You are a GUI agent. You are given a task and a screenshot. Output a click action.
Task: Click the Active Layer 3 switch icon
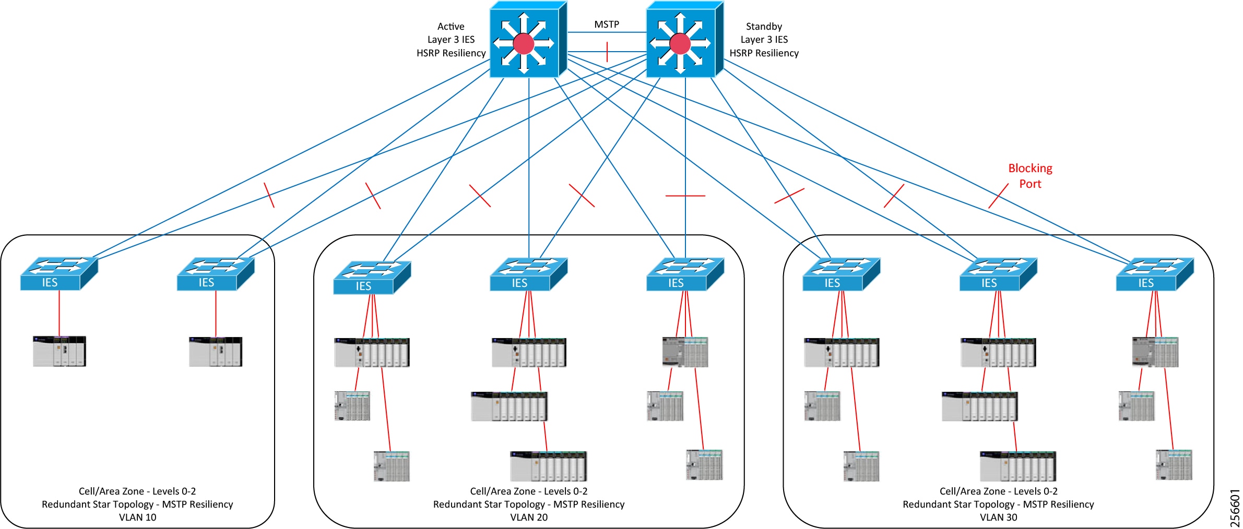point(527,40)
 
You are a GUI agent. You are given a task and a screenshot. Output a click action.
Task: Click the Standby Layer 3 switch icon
point(684,40)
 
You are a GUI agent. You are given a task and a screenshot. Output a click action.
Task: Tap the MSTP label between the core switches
point(607,25)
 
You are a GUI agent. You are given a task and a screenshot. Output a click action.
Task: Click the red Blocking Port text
point(1030,176)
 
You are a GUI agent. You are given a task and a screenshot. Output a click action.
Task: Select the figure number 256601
point(1235,508)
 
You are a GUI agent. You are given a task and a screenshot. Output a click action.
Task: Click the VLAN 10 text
point(137,517)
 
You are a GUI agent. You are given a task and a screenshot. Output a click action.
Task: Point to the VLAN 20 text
point(529,517)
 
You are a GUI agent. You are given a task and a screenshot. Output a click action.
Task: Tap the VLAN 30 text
point(998,517)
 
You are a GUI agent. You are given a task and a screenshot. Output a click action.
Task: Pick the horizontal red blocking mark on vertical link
point(685,196)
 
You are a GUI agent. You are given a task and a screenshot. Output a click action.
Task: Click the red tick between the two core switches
point(607,52)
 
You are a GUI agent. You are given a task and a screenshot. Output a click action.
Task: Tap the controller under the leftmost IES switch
point(59,351)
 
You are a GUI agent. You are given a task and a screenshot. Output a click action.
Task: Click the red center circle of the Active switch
point(523,44)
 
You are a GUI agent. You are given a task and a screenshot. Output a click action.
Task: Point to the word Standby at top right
point(764,27)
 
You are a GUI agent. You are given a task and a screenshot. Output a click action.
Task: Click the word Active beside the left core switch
point(451,27)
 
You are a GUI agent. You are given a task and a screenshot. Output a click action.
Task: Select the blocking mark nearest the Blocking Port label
point(998,196)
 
